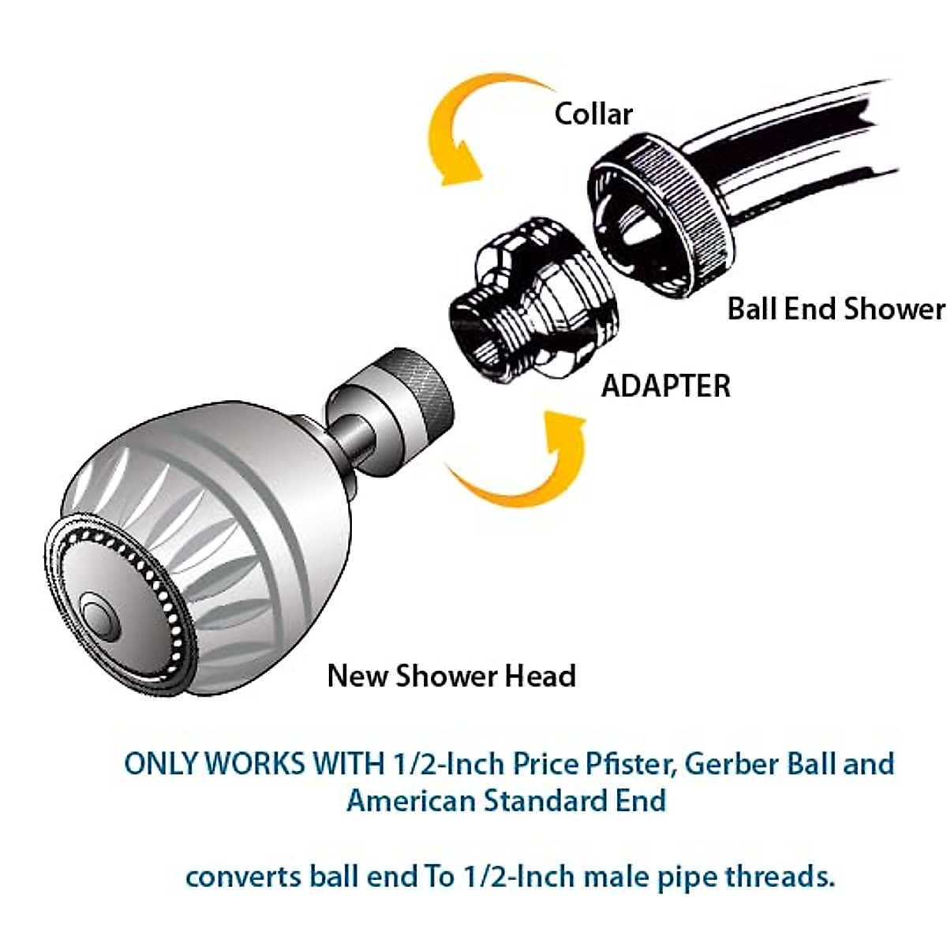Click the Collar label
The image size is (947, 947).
pyautogui.click(x=593, y=114)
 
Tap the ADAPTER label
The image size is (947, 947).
pyautogui.click(x=665, y=386)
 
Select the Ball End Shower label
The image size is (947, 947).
pyautogui.click(x=835, y=309)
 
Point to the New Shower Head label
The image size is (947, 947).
pyautogui.click(x=451, y=676)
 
